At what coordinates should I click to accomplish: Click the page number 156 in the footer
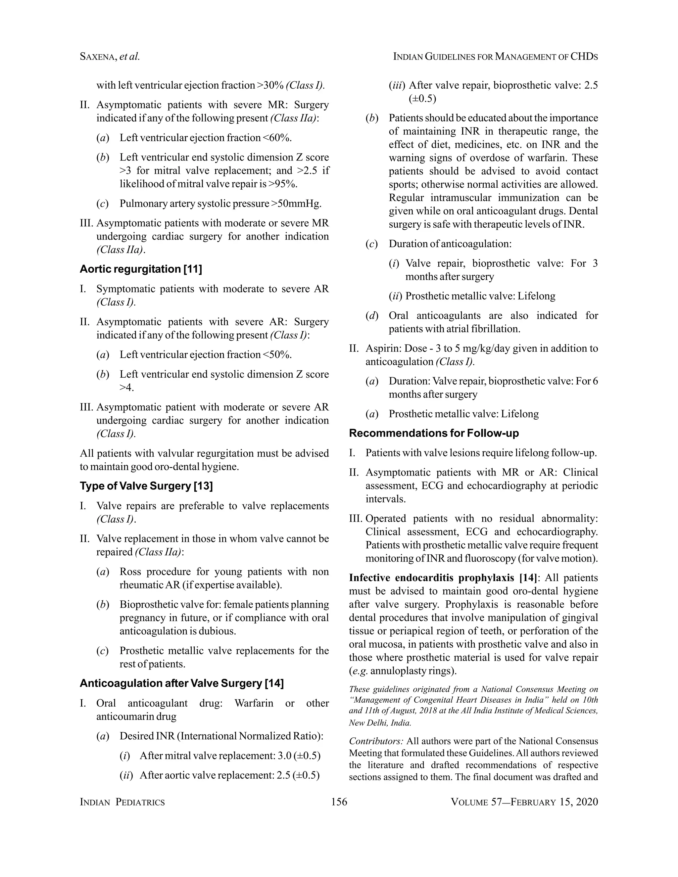(339, 802)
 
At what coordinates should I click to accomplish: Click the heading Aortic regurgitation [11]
(141, 269)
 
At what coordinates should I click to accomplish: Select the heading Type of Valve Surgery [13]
(146, 486)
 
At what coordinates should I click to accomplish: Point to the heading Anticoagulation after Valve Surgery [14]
(181, 683)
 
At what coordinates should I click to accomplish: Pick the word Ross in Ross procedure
(130, 572)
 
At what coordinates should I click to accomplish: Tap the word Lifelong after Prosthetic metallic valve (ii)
(536, 296)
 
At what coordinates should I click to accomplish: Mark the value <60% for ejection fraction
(277, 138)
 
